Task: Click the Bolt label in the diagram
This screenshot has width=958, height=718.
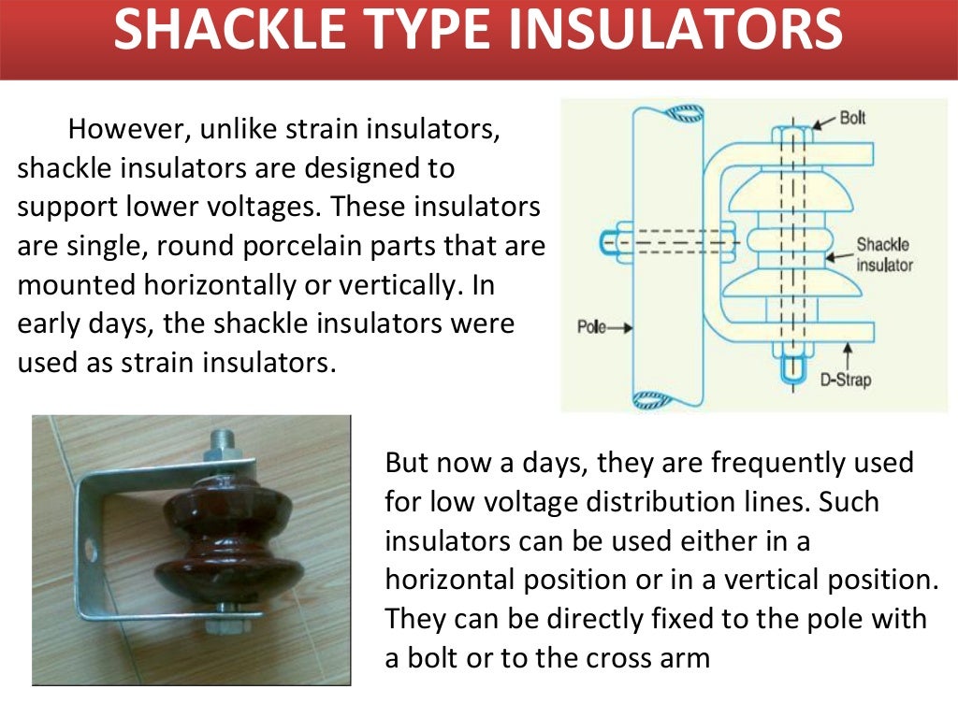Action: [852, 118]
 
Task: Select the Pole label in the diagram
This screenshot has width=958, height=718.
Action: [591, 329]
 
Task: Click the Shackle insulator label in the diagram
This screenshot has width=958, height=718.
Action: [884, 254]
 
